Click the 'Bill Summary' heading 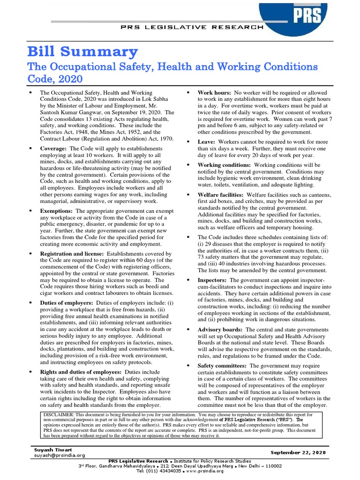82,51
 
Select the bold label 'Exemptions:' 57,211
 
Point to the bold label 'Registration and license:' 71,253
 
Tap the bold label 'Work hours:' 215,92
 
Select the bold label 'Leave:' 206,142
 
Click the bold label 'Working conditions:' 224,165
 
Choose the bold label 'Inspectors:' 211,280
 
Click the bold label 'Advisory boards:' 220,330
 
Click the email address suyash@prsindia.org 59,455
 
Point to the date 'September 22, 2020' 298,452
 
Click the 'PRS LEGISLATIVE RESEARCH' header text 198,28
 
